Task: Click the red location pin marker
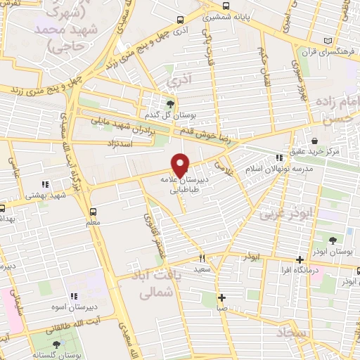181,165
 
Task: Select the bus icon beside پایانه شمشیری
182,20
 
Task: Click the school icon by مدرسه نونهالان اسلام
280,157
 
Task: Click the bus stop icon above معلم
94,211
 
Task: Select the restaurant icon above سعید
202,258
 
